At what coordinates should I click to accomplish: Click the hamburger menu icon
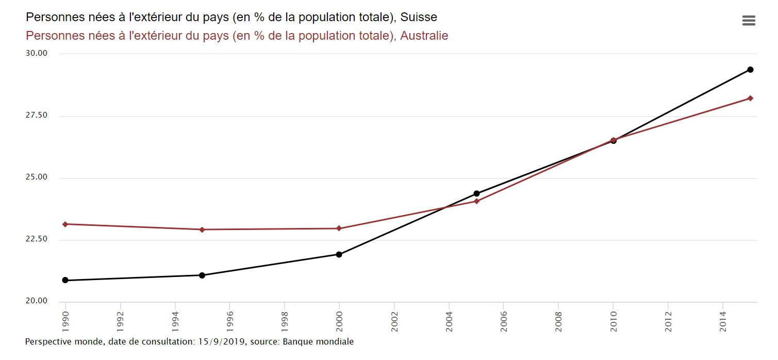[x=749, y=21]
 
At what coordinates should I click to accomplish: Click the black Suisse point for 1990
[x=65, y=280]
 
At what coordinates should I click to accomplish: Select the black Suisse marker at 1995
[x=202, y=275]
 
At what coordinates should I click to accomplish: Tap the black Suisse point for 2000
[x=339, y=254]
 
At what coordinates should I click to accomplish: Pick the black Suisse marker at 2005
[x=476, y=194]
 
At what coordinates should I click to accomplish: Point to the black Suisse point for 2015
[x=750, y=70]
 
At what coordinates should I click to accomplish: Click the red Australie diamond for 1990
[x=65, y=224]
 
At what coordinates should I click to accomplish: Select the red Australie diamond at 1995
[x=202, y=230]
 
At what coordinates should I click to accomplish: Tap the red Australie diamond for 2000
[x=339, y=228]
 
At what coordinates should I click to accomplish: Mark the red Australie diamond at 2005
[x=476, y=201]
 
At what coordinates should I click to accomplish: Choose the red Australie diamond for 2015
[x=750, y=98]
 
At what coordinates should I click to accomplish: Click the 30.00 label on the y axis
[x=36, y=53]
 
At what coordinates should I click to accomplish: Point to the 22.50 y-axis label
[x=36, y=239]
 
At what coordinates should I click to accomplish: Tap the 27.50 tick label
[x=36, y=116]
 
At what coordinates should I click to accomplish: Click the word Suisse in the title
[x=419, y=17]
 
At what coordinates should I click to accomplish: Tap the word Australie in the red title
[x=424, y=36]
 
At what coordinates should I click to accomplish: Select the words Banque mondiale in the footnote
[x=318, y=341]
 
